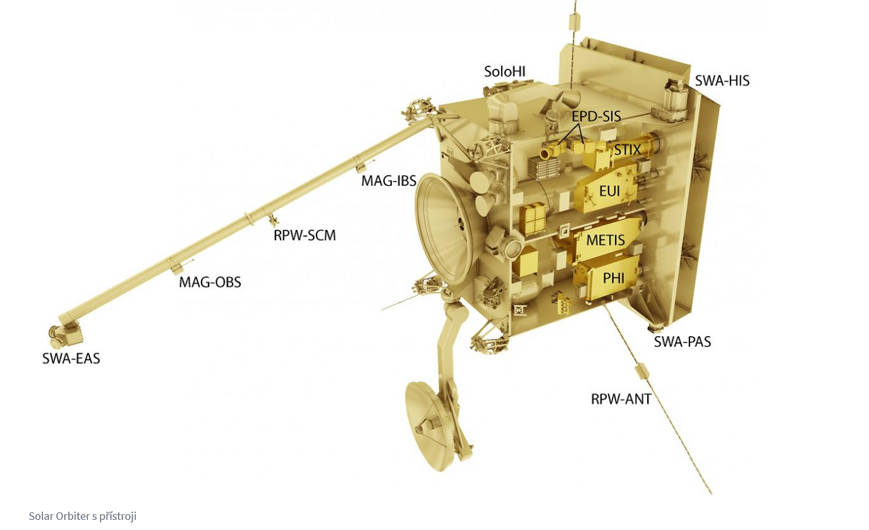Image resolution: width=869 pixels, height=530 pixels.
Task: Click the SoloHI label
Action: click(505, 71)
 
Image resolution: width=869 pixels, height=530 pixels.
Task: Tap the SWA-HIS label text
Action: click(722, 81)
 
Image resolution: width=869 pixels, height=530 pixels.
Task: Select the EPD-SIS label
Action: click(596, 116)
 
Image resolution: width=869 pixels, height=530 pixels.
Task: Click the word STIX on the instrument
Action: click(627, 149)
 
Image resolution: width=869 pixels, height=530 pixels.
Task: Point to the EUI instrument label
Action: click(609, 191)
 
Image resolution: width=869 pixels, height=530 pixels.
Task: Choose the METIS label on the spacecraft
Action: click(605, 240)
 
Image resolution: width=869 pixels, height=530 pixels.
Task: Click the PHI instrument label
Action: click(613, 277)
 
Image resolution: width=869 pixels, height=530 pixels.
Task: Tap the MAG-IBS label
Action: click(389, 180)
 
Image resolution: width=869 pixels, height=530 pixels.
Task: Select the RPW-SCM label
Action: click(305, 235)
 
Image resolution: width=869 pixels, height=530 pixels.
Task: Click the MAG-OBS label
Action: click(210, 282)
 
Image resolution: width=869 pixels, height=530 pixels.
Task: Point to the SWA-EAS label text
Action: click(71, 358)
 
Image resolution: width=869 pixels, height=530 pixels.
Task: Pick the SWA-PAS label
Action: click(683, 342)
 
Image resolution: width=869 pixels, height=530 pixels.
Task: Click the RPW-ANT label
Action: click(621, 399)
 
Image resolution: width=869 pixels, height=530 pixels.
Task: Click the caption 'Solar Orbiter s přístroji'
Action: click(83, 516)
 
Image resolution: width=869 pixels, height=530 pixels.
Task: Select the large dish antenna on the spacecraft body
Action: click(444, 228)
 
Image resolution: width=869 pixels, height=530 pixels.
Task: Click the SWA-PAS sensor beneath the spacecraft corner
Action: click(655, 328)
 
